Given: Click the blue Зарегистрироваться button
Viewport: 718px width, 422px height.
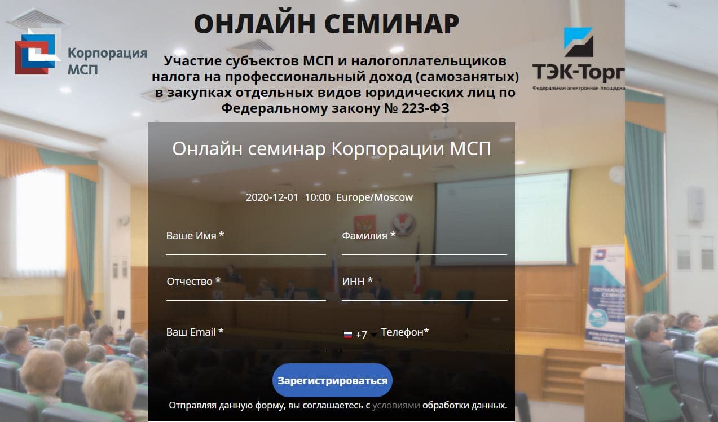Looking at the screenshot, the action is point(332,380).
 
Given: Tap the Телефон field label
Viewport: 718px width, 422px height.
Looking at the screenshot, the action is point(405,332).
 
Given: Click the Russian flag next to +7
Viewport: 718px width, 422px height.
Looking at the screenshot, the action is point(348,335).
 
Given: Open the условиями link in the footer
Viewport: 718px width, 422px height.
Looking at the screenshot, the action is point(396,406).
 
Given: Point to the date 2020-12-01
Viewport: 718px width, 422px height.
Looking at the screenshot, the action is point(272,197).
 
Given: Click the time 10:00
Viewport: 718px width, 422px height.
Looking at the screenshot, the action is point(318,197).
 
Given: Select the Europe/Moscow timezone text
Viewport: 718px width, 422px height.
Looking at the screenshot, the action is point(375,197).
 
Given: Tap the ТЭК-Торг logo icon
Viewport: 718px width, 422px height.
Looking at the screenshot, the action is point(578,42).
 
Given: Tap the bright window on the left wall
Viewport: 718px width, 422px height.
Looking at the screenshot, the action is point(41,221).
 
